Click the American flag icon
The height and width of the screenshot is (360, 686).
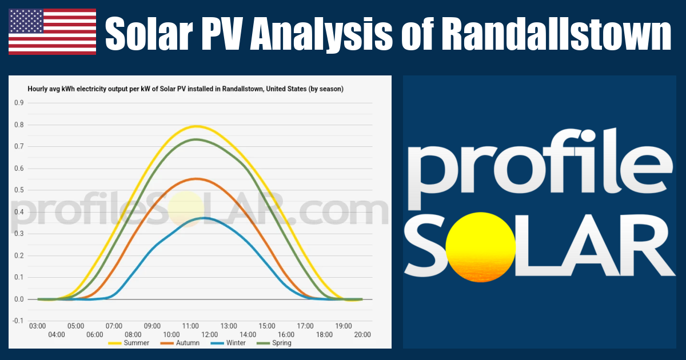point(52,32)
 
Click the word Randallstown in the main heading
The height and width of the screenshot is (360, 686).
point(556,33)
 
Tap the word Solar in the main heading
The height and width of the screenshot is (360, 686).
point(149,33)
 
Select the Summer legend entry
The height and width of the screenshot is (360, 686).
point(129,343)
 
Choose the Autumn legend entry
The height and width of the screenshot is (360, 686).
point(180,343)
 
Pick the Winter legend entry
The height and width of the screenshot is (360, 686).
point(228,343)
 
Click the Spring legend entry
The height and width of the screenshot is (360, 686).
point(274,343)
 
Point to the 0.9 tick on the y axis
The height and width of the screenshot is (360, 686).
point(19,103)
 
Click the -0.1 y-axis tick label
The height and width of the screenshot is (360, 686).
point(18,321)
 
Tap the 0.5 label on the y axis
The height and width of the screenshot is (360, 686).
point(19,190)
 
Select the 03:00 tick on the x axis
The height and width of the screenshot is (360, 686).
point(37,326)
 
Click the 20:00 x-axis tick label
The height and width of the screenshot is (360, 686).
point(362,335)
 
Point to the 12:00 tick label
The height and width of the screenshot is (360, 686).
point(209,335)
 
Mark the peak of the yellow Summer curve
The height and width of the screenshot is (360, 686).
point(197,126)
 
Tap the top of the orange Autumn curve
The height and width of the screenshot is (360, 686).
point(196,179)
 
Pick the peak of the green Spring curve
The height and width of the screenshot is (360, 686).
point(196,139)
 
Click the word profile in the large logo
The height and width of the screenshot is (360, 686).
point(540,169)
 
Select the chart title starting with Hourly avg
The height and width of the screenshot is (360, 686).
point(186,89)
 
